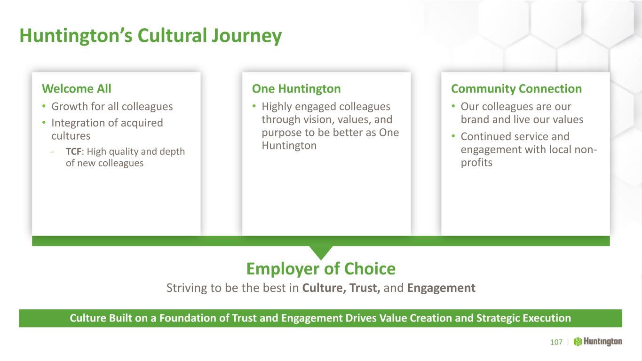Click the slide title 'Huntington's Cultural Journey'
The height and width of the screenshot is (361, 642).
coord(151,36)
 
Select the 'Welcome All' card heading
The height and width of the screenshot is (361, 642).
coord(77,88)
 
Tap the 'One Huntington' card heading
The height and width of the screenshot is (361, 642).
coord(296,89)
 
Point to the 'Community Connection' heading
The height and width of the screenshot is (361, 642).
coord(516,89)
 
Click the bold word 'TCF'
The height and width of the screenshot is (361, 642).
coord(74,151)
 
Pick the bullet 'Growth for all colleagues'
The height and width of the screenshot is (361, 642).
coord(112,107)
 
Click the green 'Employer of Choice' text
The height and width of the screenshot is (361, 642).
coord(321,269)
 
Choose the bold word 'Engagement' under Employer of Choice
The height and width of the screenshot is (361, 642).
coord(441,288)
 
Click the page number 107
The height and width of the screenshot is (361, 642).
coord(556,342)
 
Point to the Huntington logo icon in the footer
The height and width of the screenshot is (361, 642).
coord(578,342)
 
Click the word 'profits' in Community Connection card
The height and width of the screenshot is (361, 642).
coord(476,163)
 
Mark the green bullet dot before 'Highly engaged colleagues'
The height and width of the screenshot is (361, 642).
coord(254,106)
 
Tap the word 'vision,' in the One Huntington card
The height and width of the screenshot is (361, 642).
coord(319,119)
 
